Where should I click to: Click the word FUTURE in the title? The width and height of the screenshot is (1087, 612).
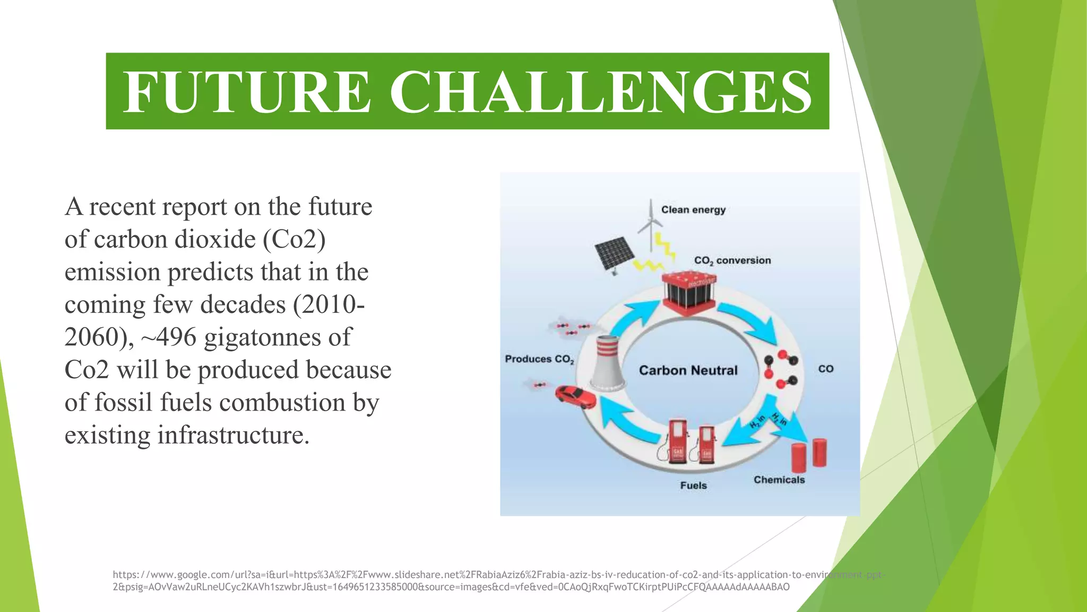[246, 92]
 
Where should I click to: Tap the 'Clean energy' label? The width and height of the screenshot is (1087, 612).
[693, 210]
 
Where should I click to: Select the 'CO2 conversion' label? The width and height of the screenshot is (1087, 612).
[732, 260]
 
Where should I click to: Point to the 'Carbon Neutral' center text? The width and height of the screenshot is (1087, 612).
[688, 370]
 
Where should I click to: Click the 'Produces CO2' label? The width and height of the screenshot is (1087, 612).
[539, 359]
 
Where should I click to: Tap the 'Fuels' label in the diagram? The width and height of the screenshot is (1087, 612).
[693, 486]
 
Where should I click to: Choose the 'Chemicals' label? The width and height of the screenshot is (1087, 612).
[779, 480]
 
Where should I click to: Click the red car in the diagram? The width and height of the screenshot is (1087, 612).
[575, 397]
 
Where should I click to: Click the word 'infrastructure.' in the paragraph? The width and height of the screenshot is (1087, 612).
[233, 435]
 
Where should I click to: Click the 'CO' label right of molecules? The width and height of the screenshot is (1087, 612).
[825, 369]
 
